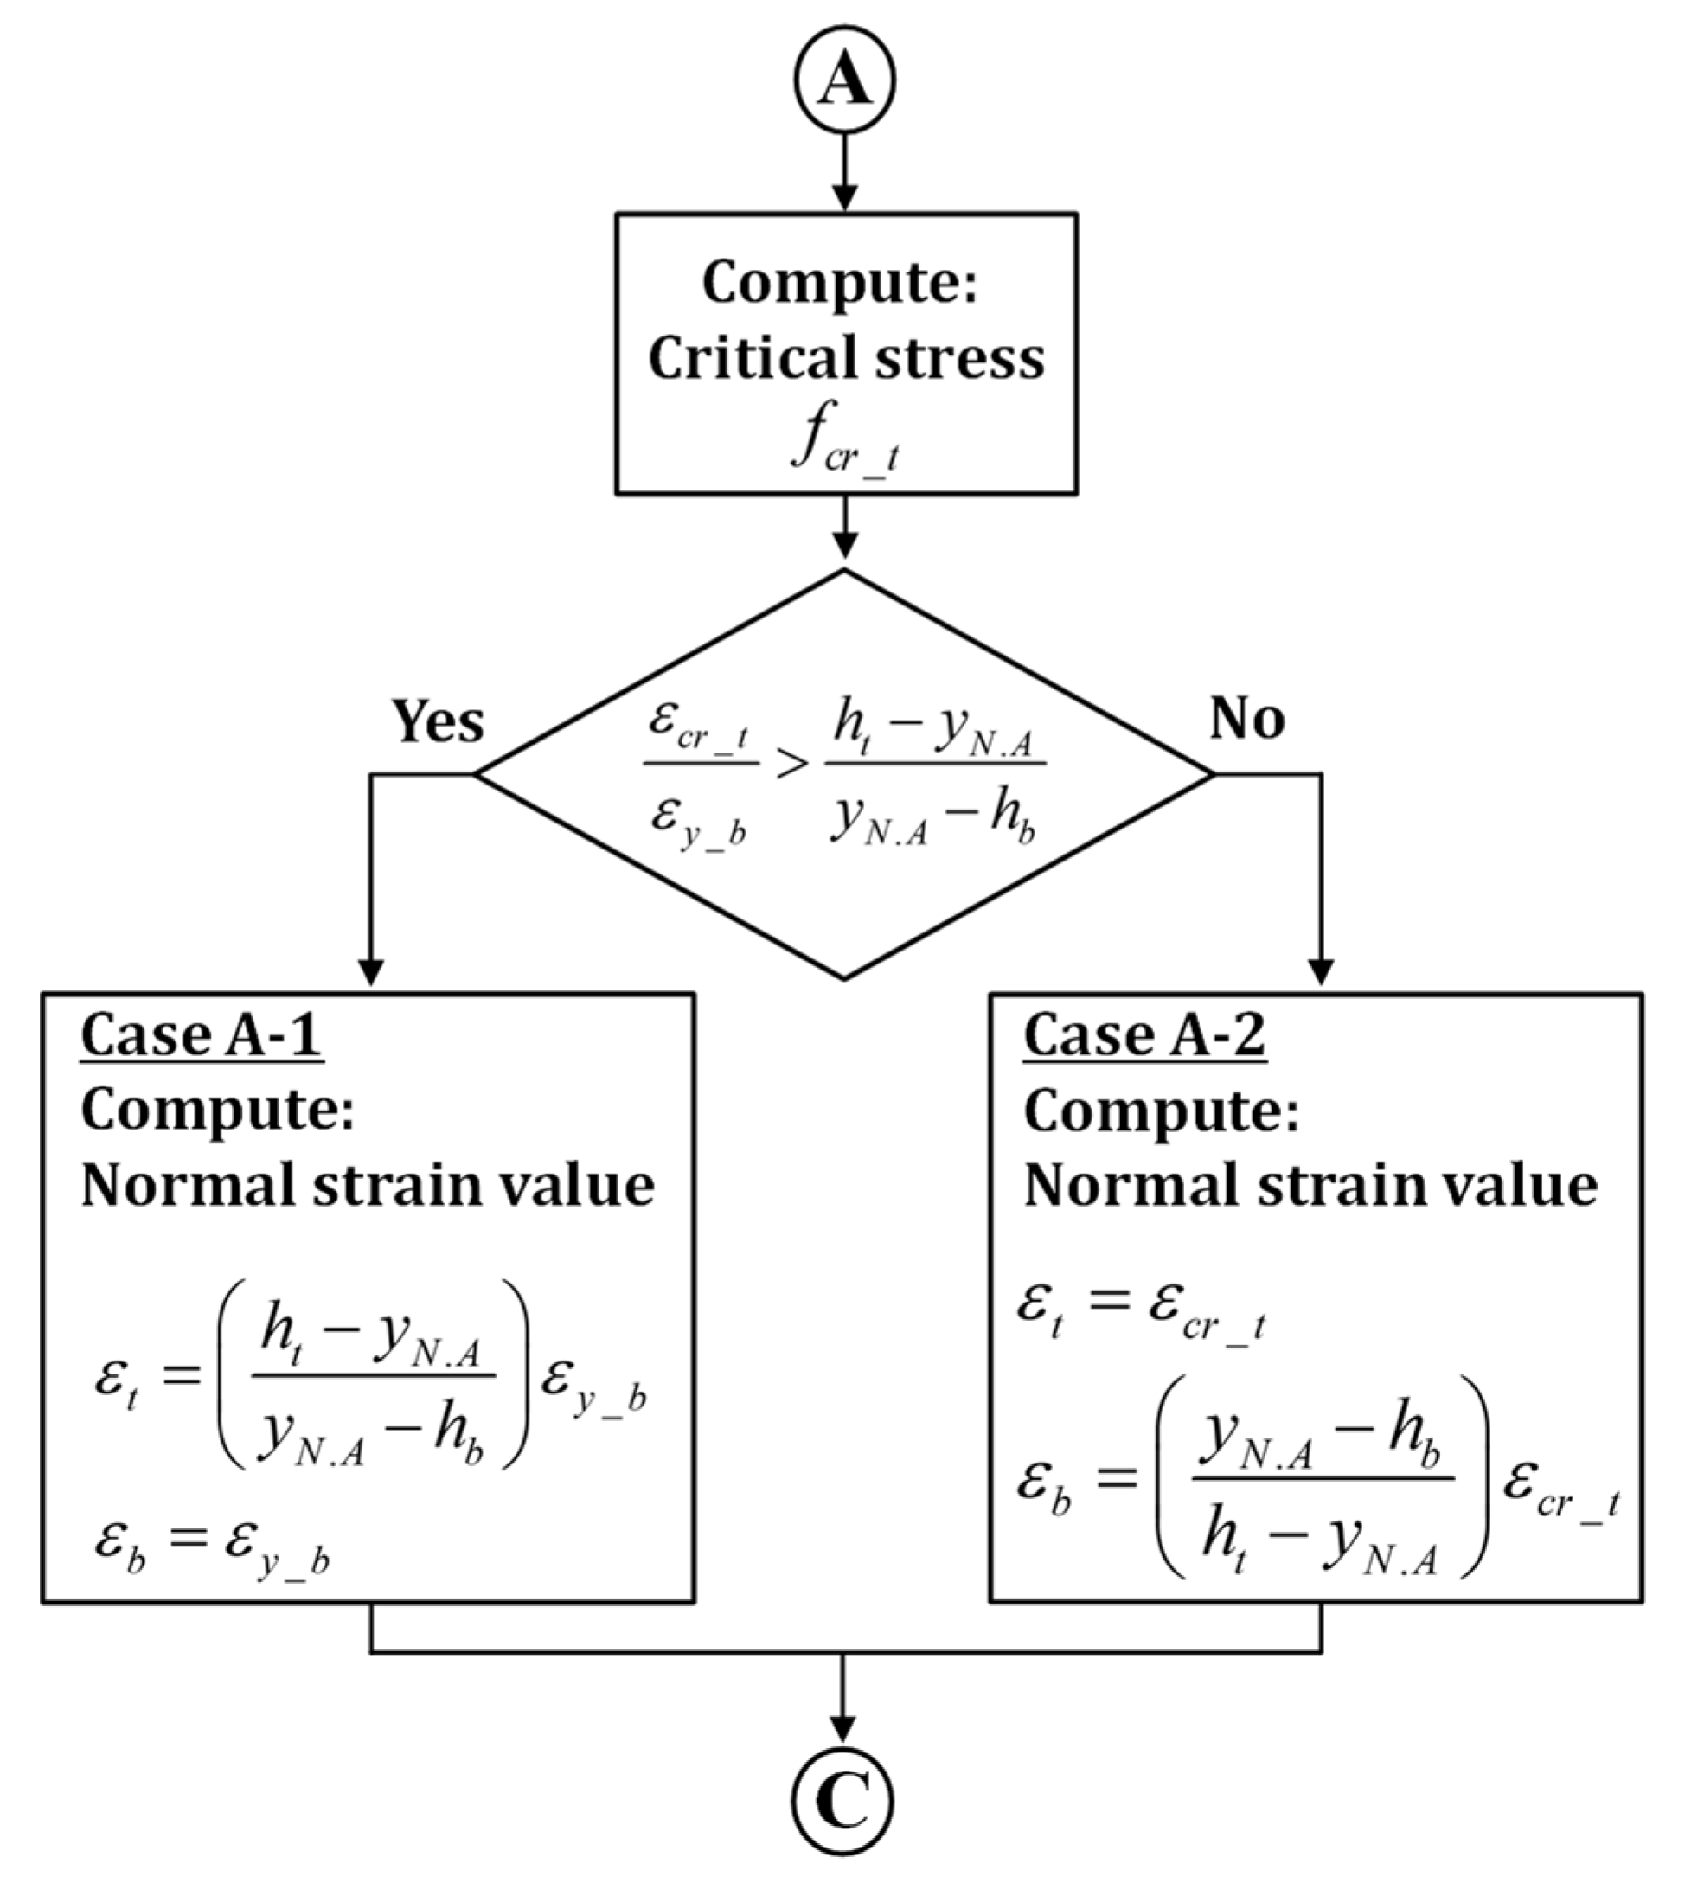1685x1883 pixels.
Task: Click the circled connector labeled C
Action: pos(842,1802)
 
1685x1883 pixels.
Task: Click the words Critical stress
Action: pos(845,359)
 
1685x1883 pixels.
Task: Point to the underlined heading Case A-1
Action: pos(202,1035)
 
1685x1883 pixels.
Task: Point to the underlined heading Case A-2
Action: pos(1144,1035)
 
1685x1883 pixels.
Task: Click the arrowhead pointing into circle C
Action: pos(842,1727)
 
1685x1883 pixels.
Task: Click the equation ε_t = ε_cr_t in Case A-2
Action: pos(1141,1309)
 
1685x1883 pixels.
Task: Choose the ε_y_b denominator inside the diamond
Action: pos(699,822)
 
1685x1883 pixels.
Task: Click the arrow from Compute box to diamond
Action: pos(844,528)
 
